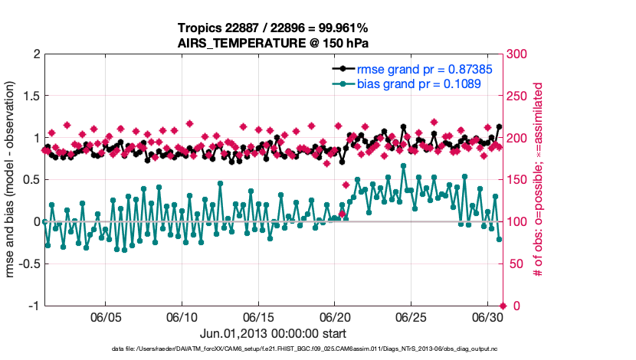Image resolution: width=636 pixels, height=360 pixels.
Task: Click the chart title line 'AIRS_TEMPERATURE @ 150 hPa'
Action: coord(274,43)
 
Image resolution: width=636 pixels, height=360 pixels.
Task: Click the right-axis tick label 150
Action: coord(517,180)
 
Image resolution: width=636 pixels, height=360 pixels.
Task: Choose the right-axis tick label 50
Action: coord(514,263)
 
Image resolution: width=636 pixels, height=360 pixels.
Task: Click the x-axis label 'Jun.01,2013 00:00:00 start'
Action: coord(274,334)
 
